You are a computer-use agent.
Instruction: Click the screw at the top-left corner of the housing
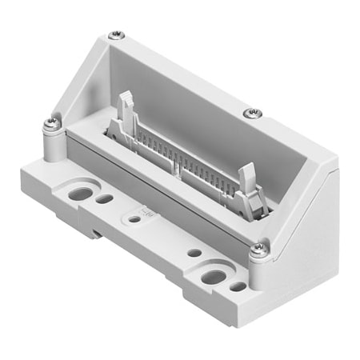click(117, 34)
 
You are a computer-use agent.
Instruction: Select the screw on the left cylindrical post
click(54, 122)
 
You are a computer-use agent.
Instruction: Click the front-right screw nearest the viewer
click(258, 249)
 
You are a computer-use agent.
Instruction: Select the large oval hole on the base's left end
click(79, 193)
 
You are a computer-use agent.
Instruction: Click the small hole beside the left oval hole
click(104, 198)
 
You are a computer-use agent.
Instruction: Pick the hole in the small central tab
click(135, 218)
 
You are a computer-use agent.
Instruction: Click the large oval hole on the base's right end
click(214, 277)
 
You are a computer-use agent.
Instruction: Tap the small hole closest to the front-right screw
click(238, 286)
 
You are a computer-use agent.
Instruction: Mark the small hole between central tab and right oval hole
click(194, 253)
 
